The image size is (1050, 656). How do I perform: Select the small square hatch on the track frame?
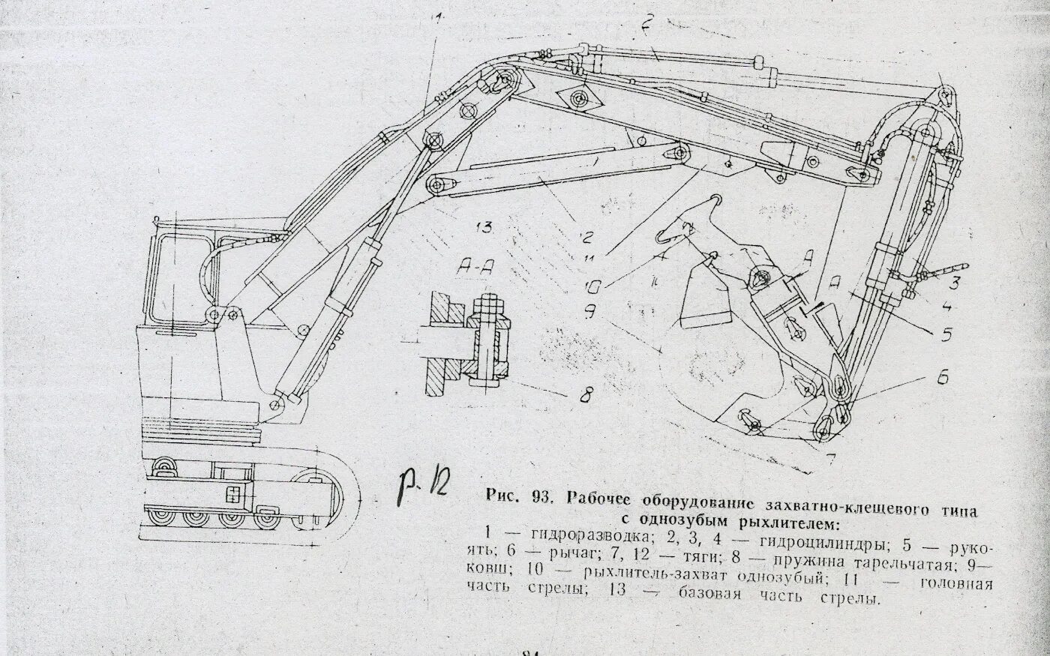click(x=235, y=493)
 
